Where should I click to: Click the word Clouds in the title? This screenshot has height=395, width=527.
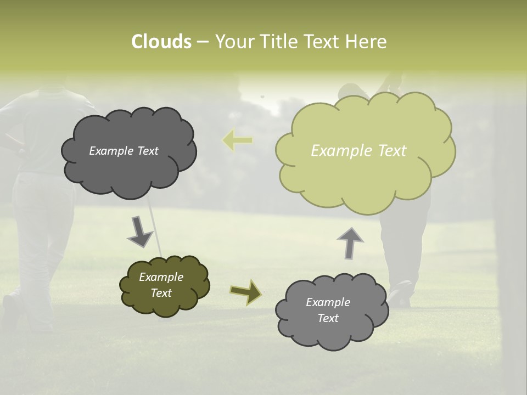click(161, 42)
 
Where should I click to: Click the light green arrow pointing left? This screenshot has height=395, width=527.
click(237, 140)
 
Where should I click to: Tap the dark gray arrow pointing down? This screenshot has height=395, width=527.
click(140, 231)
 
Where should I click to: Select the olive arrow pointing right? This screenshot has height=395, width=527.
click(245, 291)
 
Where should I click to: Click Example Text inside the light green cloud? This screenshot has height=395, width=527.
click(358, 151)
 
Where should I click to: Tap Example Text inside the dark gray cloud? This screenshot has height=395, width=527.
click(124, 151)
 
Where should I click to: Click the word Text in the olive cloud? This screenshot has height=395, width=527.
click(161, 293)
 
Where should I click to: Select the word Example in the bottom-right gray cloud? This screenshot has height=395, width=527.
click(328, 302)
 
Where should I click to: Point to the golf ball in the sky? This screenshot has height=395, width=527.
click(262, 97)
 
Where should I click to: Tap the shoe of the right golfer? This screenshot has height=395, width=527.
click(400, 294)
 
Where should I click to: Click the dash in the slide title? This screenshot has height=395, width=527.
click(203, 42)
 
